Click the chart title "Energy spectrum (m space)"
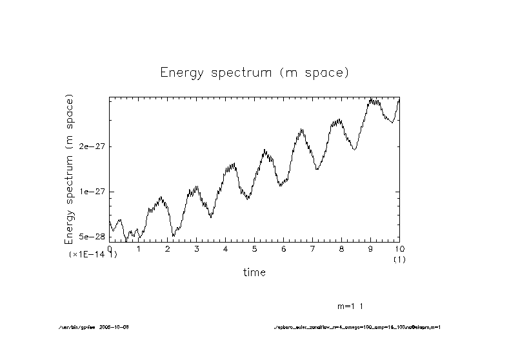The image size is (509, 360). [254, 72]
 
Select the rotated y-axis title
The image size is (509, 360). [69, 169]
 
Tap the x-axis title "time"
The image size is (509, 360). [254, 272]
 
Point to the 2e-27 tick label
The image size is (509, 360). [91, 146]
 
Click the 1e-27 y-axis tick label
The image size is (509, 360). [91, 192]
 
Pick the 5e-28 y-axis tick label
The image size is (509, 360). [91, 237]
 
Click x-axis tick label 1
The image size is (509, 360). [138, 249]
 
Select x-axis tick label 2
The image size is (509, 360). [167, 249]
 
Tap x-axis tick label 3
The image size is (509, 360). [196, 249]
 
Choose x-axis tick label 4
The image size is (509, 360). [225, 249]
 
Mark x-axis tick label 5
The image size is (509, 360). [254, 249]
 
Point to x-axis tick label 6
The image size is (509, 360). [283, 249]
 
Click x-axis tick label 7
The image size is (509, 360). [312, 249]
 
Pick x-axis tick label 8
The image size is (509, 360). [341, 249]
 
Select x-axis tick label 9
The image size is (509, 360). [370, 249]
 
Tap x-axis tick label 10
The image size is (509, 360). [399, 249]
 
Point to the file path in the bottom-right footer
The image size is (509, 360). [356, 327]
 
